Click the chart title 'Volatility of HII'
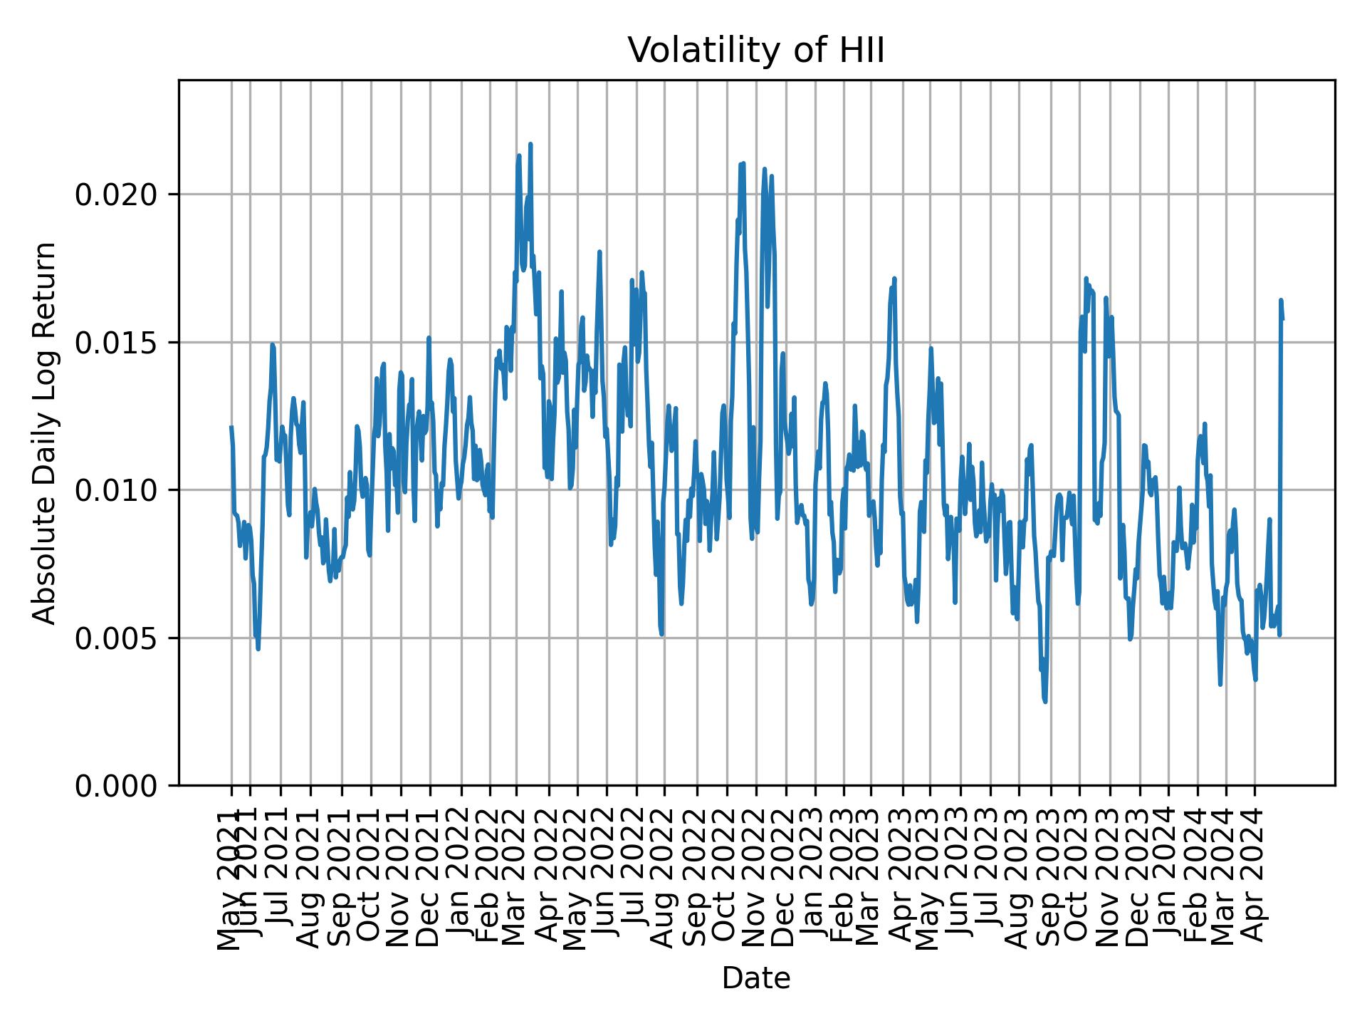click(x=755, y=51)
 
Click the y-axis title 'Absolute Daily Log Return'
click(x=46, y=433)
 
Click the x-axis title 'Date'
click(x=755, y=978)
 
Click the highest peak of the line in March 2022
click(x=530, y=144)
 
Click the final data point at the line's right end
click(x=1282, y=318)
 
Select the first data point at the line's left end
click(x=231, y=427)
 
